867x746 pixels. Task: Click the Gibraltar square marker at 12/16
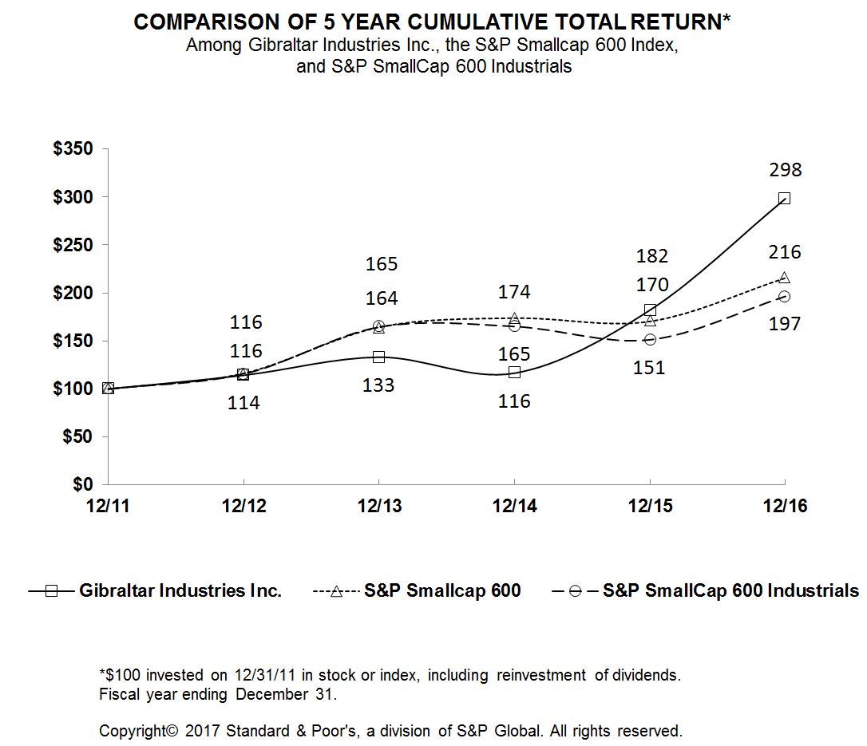coord(784,198)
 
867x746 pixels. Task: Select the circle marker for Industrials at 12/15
coord(650,339)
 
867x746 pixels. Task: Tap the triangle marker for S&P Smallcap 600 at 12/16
coord(784,277)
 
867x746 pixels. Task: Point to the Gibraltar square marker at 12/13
coord(378,357)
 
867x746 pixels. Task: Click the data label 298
coord(786,170)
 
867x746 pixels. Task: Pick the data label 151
coord(650,368)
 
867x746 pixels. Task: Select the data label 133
coord(378,385)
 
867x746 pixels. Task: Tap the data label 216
coord(786,252)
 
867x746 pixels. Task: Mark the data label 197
coord(786,324)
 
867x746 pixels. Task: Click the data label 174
coord(514,292)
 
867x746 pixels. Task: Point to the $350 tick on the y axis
coord(73,149)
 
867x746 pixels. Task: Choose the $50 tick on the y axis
coord(78,437)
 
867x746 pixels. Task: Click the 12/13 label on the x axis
coord(378,507)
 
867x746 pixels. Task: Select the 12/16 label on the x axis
coord(784,507)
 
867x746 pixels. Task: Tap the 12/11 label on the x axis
coord(109,507)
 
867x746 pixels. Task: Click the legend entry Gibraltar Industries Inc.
coord(180,591)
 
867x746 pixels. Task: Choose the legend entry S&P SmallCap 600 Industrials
coord(730,591)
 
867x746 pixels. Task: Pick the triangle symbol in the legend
coord(336,591)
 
